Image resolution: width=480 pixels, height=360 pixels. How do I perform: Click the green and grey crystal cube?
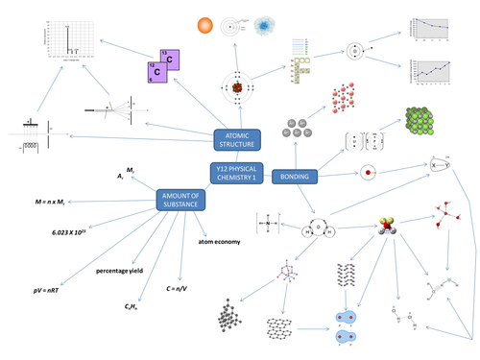pos(424,122)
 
